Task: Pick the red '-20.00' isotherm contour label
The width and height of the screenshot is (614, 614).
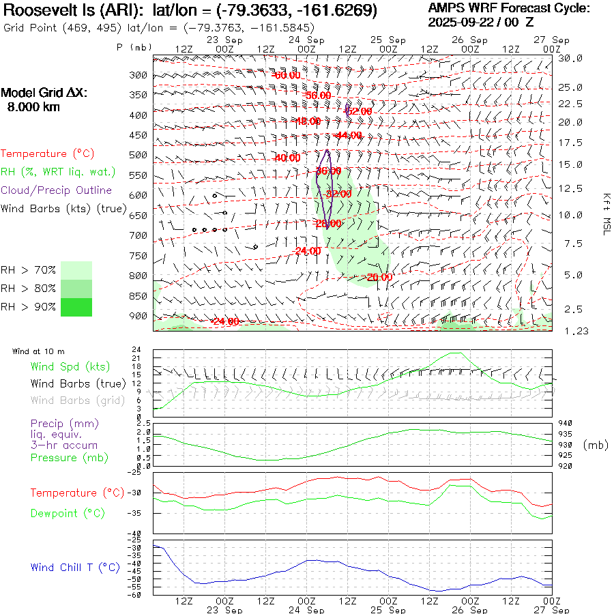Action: [x=379, y=278]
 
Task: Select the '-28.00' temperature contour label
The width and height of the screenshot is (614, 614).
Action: [x=327, y=224]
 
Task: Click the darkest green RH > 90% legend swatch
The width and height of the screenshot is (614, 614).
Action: [x=76, y=308]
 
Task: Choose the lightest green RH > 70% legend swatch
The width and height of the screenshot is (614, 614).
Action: [x=76, y=270]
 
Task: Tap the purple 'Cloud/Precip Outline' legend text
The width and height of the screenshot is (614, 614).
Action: [x=57, y=190]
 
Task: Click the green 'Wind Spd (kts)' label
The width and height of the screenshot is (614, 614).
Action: [x=70, y=366]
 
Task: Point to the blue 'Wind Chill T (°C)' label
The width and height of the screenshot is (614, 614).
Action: [x=75, y=568]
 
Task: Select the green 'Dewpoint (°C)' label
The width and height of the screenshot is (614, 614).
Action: [x=68, y=513]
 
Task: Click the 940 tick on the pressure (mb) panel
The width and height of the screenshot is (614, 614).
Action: [x=566, y=423]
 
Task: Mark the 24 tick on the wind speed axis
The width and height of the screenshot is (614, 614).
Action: [x=136, y=349]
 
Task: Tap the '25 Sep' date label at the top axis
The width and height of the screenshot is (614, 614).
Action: [x=388, y=40]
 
